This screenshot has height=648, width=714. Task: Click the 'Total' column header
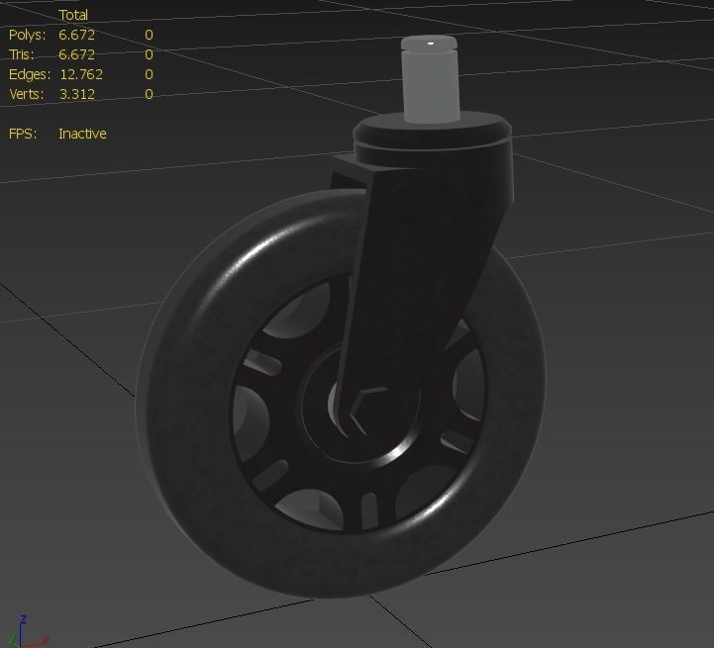tap(73, 15)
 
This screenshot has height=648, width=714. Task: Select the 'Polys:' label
tap(28, 35)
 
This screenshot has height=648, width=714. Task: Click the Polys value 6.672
tap(76, 35)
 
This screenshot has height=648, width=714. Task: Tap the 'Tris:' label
tap(23, 54)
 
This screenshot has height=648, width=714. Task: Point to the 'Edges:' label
tap(30, 74)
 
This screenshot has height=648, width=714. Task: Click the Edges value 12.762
tap(80, 74)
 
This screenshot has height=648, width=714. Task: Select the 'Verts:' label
tap(28, 94)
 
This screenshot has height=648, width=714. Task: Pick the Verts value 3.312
tap(76, 94)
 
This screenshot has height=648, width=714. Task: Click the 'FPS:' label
tap(23, 134)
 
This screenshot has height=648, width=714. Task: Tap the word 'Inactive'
tap(82, 134)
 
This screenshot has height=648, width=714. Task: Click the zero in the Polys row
tap(149, 35)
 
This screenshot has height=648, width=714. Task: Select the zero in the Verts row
tap(149, 94)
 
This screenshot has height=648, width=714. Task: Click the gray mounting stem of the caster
tap(431, 84)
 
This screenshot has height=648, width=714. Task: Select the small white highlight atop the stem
tap(432, 44)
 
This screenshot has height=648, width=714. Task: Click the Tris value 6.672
tap(76, 54)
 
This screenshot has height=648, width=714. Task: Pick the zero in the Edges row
tap(149, 74)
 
